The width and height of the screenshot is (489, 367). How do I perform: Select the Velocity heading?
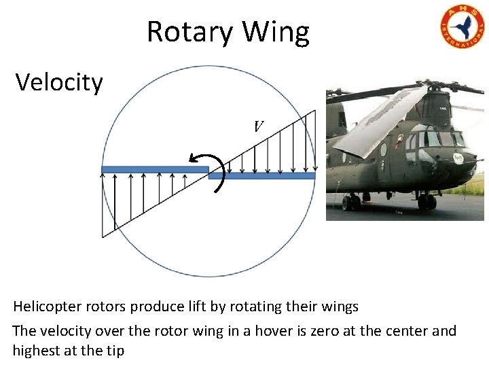[x=59, y=83]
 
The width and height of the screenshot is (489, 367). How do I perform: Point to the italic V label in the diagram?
[x=258, y=126]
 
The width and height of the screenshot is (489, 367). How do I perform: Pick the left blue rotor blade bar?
[x=154, y=169]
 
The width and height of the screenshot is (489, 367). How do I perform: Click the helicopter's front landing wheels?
[x=427, y=201]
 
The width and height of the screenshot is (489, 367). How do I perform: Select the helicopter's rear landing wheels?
[x=351, y=202]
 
